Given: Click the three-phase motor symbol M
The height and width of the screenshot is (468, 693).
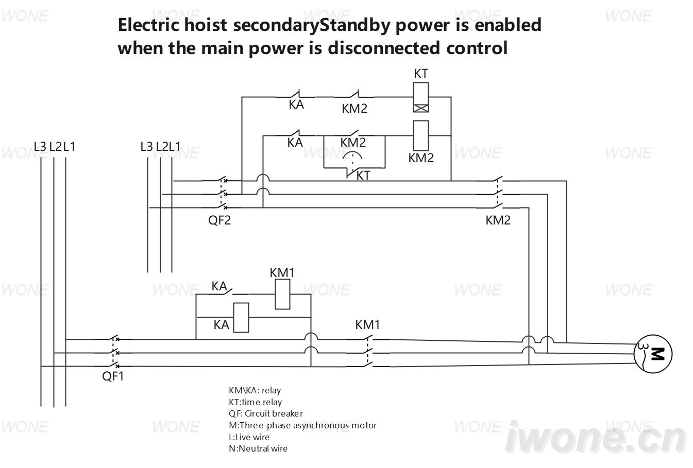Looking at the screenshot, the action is click(653, 354).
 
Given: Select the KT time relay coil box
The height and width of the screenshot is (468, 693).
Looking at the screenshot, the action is click(421, 97).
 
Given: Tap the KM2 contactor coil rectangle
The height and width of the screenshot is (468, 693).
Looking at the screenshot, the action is click(421, 135).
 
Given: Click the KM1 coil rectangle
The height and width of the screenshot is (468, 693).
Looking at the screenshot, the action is click(282, 294).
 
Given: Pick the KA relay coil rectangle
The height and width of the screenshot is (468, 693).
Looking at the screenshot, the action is click(241, 318).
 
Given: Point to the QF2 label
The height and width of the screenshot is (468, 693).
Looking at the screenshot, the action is click(219, 220).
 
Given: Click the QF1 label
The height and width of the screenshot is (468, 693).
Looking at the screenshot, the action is click(113, 376).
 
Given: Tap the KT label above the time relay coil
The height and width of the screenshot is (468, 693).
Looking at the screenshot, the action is click(421, 74).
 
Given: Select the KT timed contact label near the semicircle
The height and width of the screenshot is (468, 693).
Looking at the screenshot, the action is click(363, 176).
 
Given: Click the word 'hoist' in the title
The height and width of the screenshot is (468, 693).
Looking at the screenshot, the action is click(206, 25).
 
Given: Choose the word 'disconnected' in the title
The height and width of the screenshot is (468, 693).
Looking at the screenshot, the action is click(384, 48).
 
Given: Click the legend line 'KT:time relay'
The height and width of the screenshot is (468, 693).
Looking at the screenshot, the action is click(255, 402).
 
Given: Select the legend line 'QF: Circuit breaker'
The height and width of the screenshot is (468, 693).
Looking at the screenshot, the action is click(266, 413).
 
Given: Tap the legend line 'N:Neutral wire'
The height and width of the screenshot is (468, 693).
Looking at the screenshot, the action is click(258, 448).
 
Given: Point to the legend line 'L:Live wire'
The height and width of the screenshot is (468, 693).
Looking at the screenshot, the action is click(249, 437).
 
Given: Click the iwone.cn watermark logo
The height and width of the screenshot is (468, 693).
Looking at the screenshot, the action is click(596, 437).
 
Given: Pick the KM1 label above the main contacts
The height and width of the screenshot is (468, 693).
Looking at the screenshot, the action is click(367, 325).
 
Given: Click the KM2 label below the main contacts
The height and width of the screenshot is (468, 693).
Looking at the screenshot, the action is click(498, 220).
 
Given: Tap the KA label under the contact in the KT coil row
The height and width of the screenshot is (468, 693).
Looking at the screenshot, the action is click(296, 105).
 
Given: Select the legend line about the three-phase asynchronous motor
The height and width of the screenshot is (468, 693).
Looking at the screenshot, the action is click(302, 426).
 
